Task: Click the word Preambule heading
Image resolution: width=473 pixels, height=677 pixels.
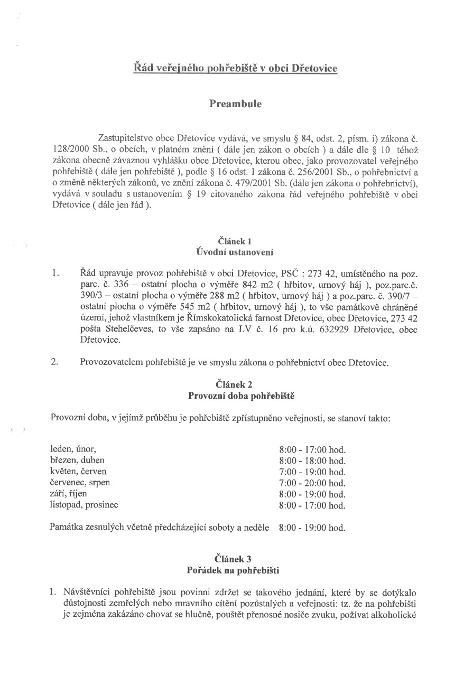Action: [236, 104]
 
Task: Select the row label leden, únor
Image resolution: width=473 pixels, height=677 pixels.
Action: [73, 449]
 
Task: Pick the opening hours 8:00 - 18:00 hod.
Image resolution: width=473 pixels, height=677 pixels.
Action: [312, 461]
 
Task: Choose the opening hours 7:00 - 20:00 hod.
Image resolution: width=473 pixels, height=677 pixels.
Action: [312, 483]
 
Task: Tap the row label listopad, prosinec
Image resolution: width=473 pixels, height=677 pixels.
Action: [84, 505]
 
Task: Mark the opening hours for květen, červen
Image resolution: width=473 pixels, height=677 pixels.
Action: [312, 472]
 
